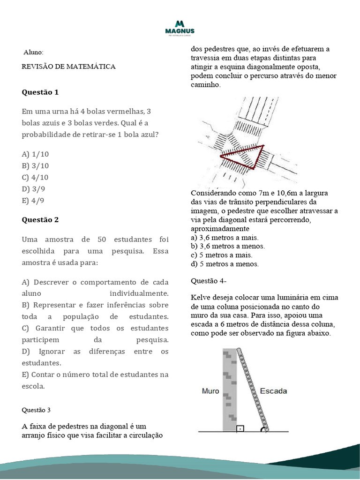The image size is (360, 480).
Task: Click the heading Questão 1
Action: (40, 92)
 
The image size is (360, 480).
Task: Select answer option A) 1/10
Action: (35, 154)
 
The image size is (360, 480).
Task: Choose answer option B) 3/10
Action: (35, 165)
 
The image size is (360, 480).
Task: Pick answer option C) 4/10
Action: (35, 177)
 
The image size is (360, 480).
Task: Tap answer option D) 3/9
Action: (33, 189)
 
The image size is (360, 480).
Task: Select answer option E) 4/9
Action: (33, 201)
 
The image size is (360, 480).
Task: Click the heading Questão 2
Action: (40, 220)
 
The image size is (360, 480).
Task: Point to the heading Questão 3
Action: (36, 410)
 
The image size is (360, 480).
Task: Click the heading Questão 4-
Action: (209, 281)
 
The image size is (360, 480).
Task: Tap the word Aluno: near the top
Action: (33, 52)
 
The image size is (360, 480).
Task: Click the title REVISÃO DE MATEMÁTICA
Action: (68, 67)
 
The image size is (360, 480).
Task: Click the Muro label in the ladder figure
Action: (210, 390)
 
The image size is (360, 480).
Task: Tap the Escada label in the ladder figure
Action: (273, 390)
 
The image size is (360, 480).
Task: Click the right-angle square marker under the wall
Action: (240, 427)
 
